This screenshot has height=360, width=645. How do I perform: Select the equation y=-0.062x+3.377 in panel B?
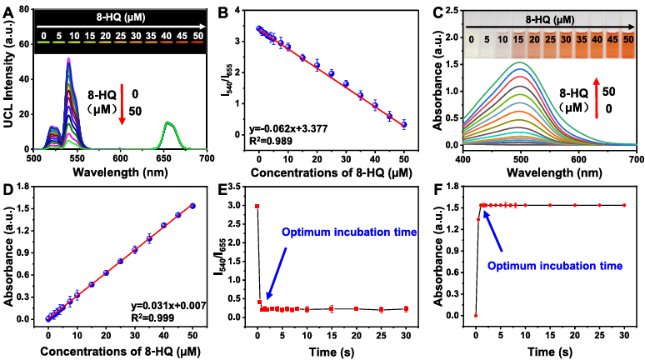tap(288, 129)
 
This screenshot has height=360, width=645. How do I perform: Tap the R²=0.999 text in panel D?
tap(152, 317)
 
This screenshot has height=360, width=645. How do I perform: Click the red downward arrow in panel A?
tap(122, 104)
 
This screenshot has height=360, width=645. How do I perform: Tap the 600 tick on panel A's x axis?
tap(120, 158)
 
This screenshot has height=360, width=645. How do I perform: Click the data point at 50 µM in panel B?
tap(404, 124)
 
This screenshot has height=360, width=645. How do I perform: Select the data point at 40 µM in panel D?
tap(163, 225)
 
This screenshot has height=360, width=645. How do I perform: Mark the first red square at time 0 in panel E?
tap(257, 206)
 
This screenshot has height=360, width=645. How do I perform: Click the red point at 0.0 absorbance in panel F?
tap(476, 316)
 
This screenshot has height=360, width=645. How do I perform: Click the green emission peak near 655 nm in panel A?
tap(167, 122)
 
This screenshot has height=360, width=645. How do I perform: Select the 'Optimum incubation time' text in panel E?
tap(349, 232)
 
